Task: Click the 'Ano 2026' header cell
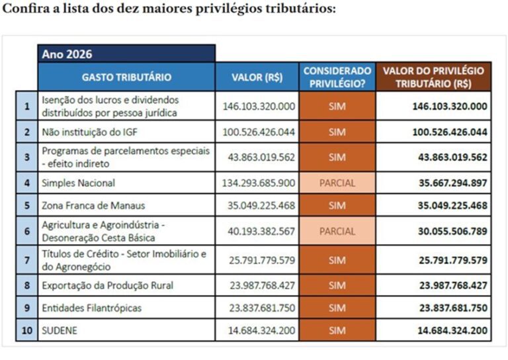126,54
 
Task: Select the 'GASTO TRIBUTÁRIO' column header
126,77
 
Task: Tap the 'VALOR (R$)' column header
257,77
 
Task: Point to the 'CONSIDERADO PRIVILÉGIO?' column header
337,77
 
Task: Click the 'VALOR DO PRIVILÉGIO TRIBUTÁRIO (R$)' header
433,77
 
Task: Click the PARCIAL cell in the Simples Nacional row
337,183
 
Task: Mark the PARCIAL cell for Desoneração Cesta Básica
337,232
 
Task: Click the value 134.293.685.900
259,183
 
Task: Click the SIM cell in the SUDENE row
337,330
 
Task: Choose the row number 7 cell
26,260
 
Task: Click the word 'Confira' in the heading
24,10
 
